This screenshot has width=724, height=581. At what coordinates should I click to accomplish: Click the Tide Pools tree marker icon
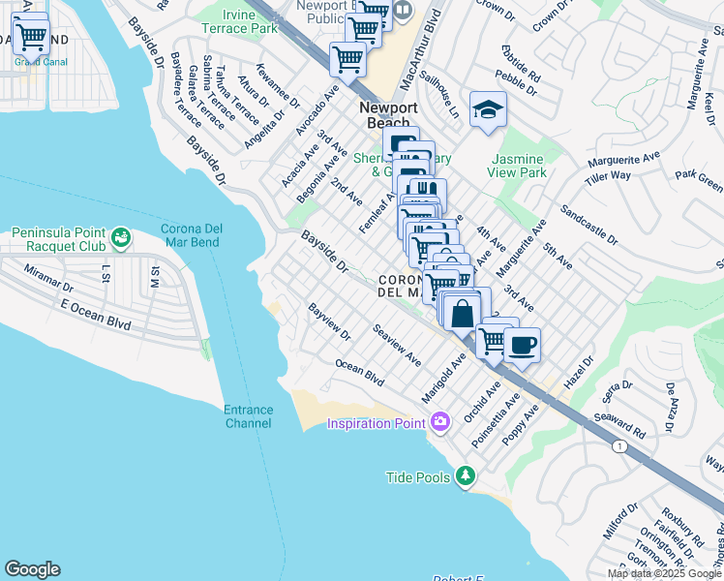(467, 475)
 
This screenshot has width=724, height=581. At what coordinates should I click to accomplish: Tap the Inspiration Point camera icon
(440, 421)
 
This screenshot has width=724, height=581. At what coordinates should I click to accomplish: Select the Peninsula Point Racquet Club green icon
(121, 236)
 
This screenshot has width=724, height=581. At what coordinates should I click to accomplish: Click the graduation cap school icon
(489, 109)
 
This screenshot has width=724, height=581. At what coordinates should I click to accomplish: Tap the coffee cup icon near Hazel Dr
(522, 346)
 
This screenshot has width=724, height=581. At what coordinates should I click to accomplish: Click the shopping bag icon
(464, 314)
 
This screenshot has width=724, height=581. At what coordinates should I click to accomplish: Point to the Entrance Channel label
(248, 416)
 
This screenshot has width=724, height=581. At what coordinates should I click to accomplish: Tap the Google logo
(32, 569)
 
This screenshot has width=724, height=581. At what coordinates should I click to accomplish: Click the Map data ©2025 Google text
(664, 573)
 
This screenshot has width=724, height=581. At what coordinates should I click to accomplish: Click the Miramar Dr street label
(48, 280)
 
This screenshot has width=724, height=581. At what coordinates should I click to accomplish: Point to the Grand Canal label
(34, 62)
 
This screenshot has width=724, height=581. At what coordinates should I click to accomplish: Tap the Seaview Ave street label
(397, 345)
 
